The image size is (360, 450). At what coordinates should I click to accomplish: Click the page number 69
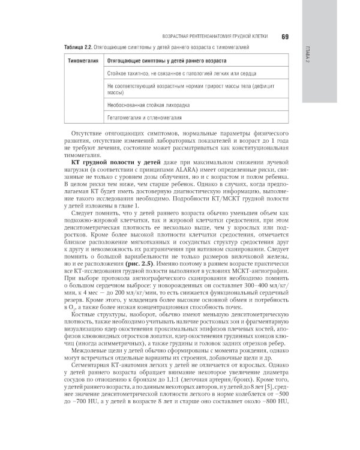(286, 37)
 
